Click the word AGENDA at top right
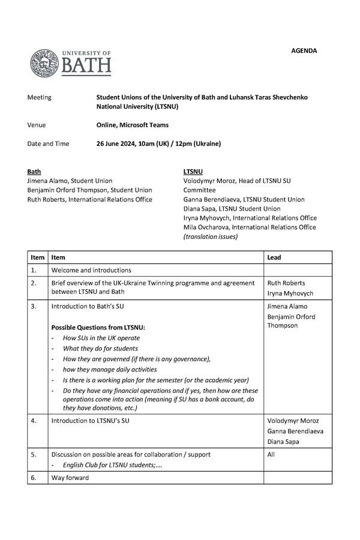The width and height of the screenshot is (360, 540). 305,51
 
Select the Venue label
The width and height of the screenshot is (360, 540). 37,125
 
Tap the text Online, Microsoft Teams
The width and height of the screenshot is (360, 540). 132,125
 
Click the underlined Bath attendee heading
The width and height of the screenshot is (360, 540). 34,171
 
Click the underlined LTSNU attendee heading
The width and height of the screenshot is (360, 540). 193,171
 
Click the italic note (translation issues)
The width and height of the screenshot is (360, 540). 210,236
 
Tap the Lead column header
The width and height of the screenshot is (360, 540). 274,257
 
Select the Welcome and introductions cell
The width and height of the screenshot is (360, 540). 91,270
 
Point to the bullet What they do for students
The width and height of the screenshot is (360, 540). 100,349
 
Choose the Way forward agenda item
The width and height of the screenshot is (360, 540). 70,478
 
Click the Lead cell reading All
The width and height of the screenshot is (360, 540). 271,454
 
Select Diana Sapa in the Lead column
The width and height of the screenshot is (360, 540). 284,441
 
